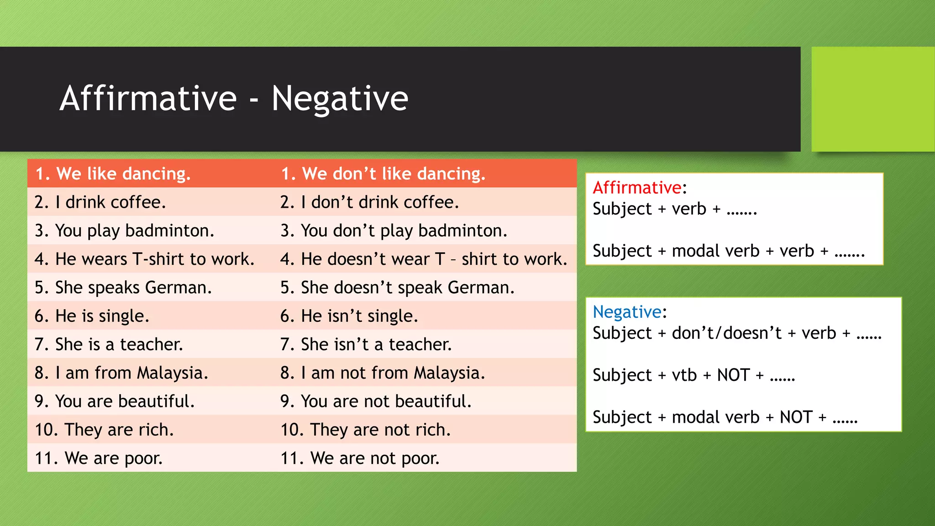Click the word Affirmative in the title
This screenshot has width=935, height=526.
[x=148, y=98]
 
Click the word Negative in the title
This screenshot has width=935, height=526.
[x=340, y=98]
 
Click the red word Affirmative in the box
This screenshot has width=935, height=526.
[x=637, y=188]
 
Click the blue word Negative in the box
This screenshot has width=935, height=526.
[x=627, y=312]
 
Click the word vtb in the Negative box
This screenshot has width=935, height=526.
[x=684, y=375]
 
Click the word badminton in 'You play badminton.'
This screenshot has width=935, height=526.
[x=169, y=231]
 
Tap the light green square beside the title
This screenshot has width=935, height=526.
[x=872, y=99]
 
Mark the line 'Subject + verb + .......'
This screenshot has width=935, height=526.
[x=675, y=209]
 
